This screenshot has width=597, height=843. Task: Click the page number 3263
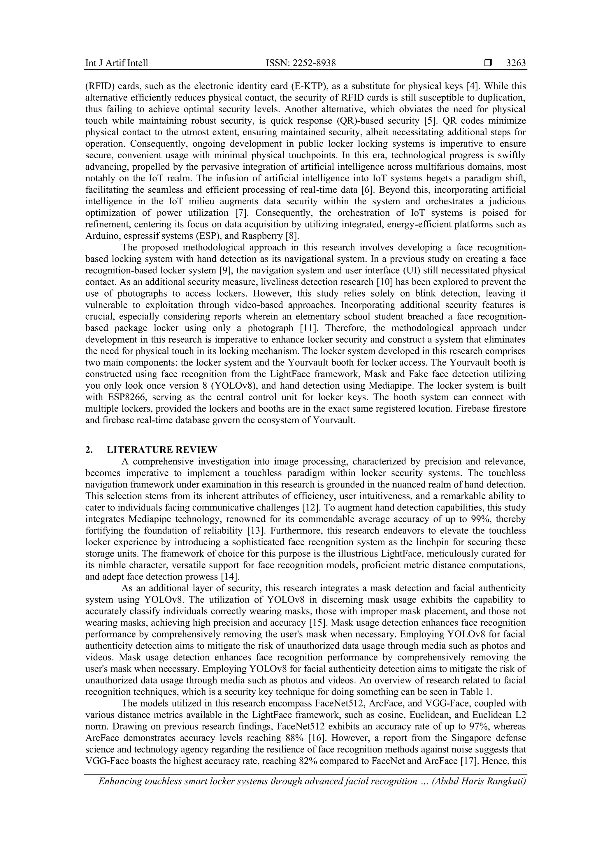(x=516, y=63)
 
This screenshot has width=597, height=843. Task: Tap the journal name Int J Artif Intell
(x=117, y=63)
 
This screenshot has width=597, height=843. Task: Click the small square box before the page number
(x=488, y=63)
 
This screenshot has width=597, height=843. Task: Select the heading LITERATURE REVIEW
(x=162, y=450)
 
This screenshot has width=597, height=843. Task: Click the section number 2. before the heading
(x=89, y=450)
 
